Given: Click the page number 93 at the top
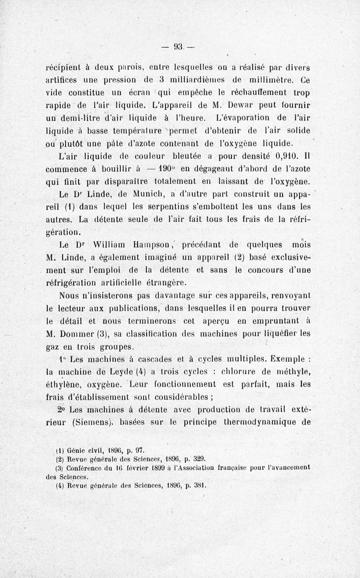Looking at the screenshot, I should click(178, 46).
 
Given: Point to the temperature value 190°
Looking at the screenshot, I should click(159, 170).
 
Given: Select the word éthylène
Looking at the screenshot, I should click(66, 384).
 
